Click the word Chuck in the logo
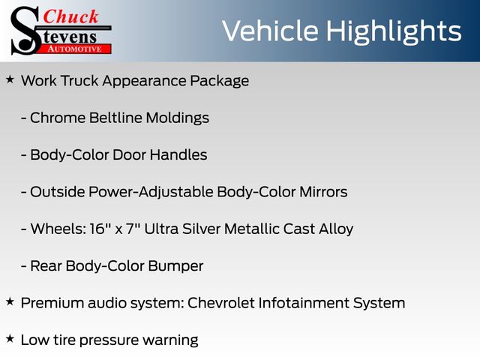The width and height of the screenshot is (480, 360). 70,16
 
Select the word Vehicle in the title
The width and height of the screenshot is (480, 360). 270,31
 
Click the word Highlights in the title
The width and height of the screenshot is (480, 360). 393,31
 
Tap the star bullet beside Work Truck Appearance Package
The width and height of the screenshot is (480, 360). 10,80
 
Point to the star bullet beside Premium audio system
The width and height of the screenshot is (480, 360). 10,301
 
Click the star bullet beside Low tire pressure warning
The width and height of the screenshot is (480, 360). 10,339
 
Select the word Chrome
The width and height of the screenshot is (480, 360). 58,118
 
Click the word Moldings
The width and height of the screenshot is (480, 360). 178,118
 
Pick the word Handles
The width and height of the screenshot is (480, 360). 178,154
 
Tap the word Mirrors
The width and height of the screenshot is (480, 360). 323,192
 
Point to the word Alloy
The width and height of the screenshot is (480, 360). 336,229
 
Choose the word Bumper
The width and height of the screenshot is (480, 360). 175,266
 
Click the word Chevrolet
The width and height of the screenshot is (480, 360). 220,303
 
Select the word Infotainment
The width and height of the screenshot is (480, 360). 304,303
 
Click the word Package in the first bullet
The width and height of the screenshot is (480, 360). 220,82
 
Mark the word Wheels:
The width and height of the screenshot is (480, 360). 58,229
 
